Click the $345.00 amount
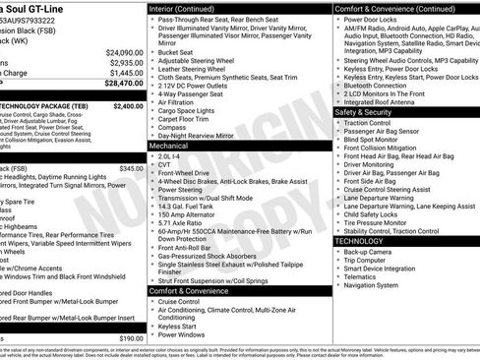[x=132, y=168]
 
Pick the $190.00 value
[x=131, y=337]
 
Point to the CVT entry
[x=164, y=164]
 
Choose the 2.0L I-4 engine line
[x=170, y=155]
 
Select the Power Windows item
[x=181, y=334]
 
